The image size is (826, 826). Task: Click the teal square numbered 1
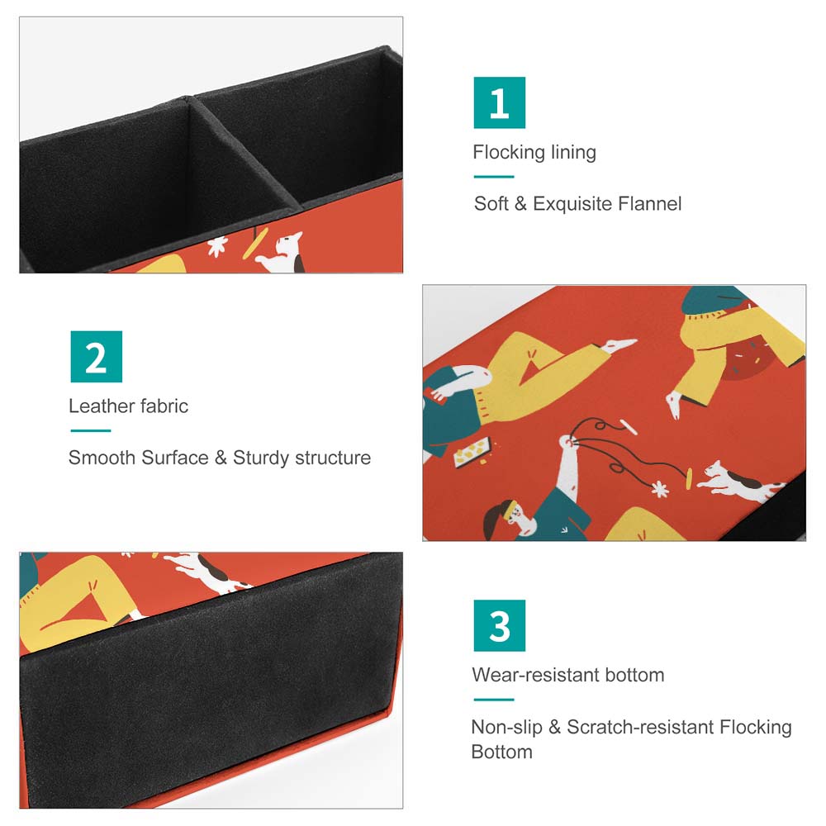500,102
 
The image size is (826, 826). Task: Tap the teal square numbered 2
97,357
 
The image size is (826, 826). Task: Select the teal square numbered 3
500,625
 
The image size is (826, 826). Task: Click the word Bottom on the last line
501,752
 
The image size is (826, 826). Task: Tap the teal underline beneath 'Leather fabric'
91,430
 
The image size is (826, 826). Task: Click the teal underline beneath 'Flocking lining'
494,177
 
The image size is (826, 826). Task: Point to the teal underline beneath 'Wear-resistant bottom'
494,700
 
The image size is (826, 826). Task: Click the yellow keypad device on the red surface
472,452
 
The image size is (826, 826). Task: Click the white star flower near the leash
659,489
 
